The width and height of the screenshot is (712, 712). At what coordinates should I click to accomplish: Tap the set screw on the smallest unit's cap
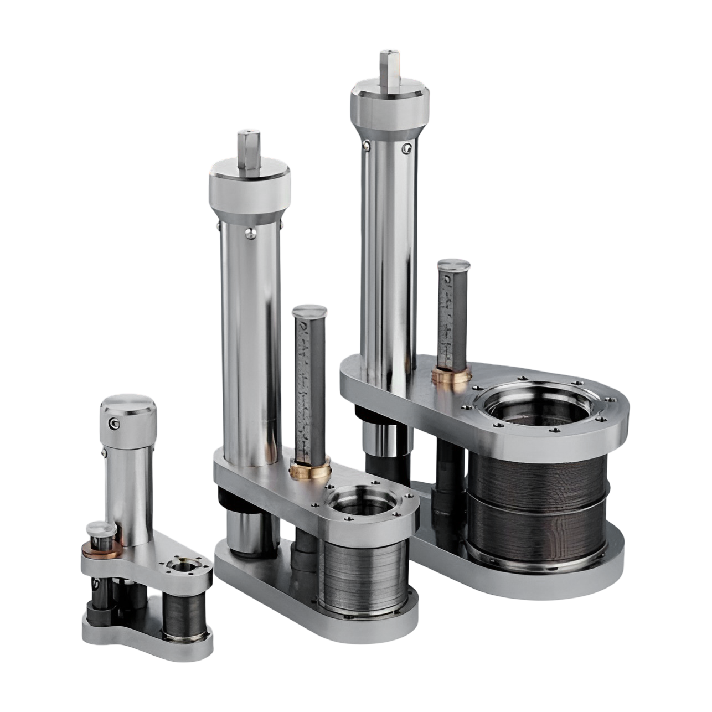pyautogui.click(x=115, y=424)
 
